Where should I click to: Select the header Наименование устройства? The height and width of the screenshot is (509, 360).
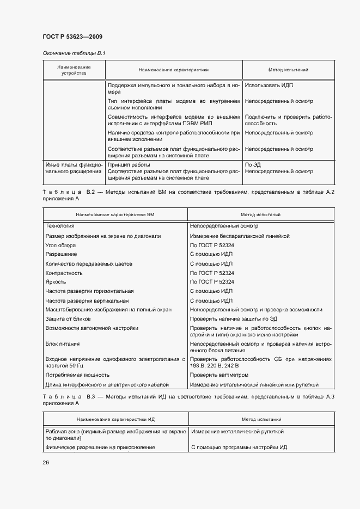[74, 70]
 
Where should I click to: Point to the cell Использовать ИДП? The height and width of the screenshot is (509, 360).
[269, 85]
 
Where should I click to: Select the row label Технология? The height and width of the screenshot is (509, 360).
[60, 225]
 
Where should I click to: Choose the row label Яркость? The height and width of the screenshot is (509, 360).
[56, 282]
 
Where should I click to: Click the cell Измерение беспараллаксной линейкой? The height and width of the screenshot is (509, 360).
[240, 236]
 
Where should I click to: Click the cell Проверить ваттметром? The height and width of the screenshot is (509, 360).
[219, 375]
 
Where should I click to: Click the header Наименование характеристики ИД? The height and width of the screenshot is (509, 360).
[115, 420]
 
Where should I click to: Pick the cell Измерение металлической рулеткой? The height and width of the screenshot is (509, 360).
[237, 432]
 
